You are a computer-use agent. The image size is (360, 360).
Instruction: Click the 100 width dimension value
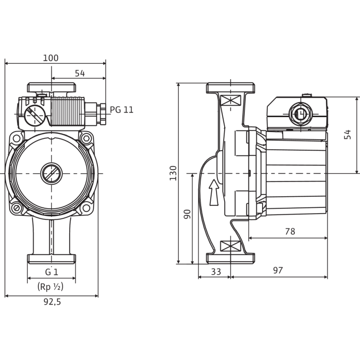(x=51, y=58)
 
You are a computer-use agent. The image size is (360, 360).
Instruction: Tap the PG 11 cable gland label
(x=122, y=109)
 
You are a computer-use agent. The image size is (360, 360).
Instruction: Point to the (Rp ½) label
(x=50, y=288)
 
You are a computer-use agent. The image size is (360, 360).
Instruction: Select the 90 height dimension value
(x=188, y=214)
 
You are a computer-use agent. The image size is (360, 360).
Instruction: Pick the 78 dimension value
(x=289, y=231)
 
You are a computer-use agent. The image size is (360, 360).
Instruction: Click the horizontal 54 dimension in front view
(x=80, y=73)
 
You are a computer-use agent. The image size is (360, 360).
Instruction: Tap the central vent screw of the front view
(x=51, y=172)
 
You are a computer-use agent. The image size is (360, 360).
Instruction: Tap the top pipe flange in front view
(x=52, y=88)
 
